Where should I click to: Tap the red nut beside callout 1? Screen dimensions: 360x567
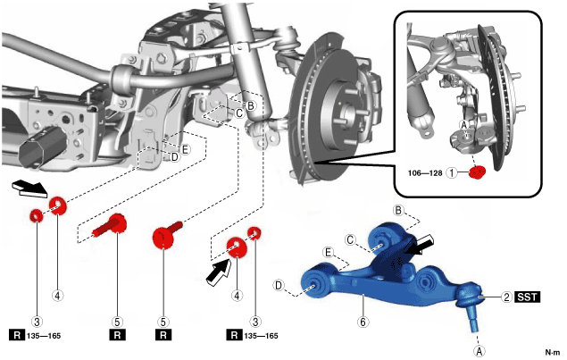[477, 172]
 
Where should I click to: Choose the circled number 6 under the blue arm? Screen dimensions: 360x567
[363, 321]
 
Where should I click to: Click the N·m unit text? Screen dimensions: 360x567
[553, 351]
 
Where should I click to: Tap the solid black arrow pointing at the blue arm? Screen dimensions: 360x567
[414, 245]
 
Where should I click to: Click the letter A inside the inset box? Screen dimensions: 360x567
[463, 123]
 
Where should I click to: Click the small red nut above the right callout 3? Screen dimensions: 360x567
[254, 234]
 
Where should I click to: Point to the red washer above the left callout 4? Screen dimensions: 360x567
[60, 206]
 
